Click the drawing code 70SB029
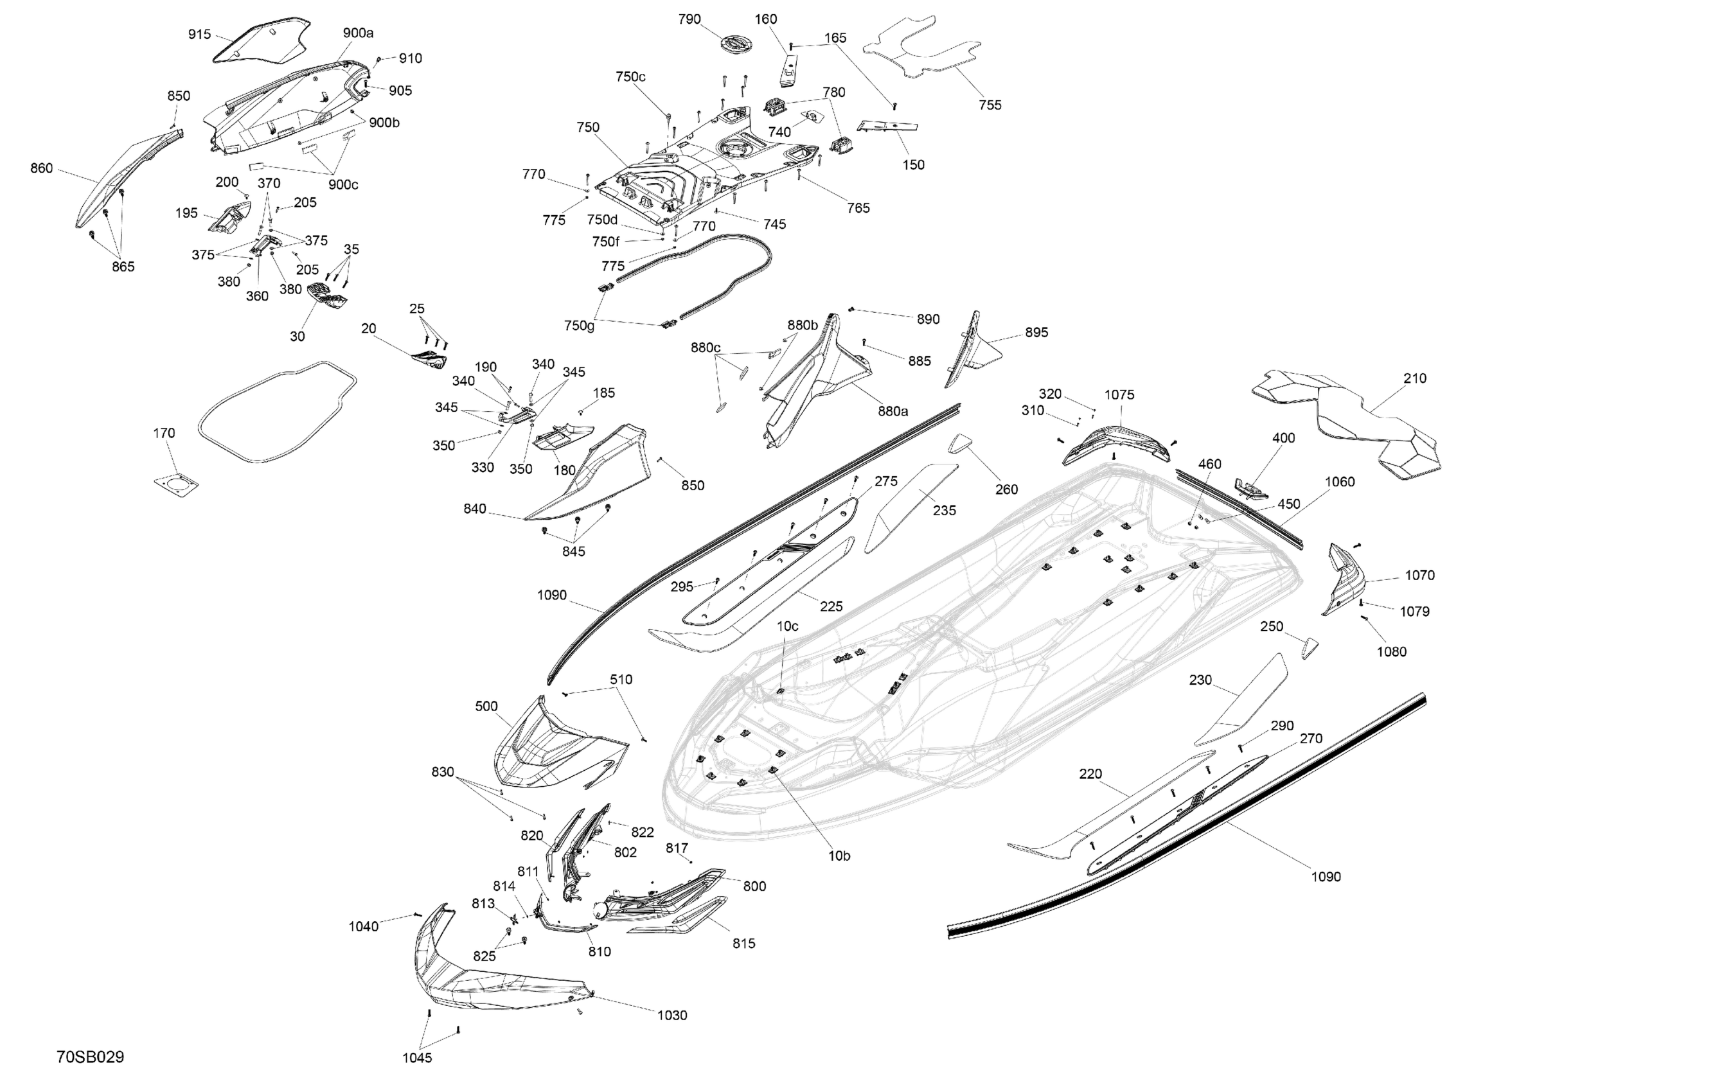point(90,1057)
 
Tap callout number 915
point(200,34)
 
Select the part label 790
point(689,19)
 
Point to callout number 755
point(990,105)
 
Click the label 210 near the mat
point(1415,378)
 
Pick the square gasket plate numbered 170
point(175,484)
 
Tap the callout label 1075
point(1119,394)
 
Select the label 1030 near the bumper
point(671,1015)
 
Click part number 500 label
point(486,707)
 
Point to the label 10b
point(839,855)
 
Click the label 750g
point(579,326)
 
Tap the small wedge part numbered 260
point(960,444)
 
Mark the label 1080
point(1391,651)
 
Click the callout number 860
point(42,168)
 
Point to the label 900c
point(343,184)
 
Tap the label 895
point(1036,332)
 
